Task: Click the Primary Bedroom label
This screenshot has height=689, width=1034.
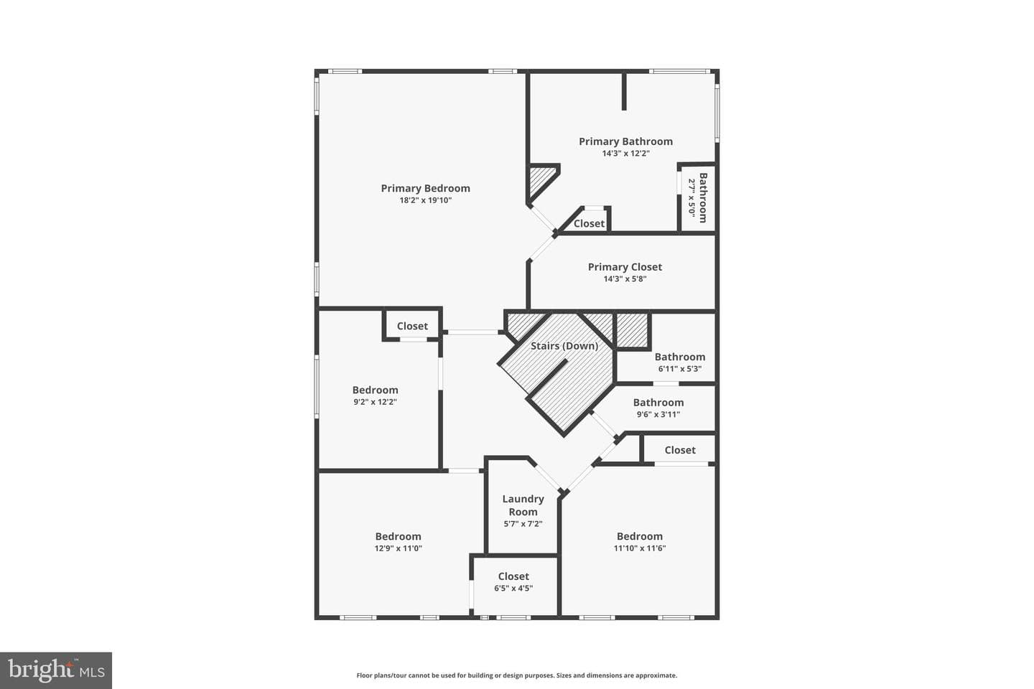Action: (425, 188)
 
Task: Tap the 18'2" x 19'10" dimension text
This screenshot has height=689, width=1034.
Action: (425, 200)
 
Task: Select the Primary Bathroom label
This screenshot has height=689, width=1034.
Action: (625, 141)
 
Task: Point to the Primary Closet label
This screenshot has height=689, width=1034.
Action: (625, 267)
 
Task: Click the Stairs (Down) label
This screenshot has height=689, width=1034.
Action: (564, 346)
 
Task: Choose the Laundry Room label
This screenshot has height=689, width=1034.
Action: (523, 505)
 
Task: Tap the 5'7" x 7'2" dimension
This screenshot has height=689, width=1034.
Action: (523, 524)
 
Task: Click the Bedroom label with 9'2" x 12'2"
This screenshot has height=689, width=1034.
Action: (375, 390)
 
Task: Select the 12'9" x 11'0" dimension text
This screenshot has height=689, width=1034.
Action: (398, 548)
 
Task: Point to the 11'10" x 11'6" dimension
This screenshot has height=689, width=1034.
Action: (639, 548)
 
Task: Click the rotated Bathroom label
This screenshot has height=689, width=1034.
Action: (703, 197)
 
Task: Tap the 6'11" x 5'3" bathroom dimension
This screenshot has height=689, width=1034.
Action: (679, 369)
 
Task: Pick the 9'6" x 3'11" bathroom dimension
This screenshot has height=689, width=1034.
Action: (658, 414)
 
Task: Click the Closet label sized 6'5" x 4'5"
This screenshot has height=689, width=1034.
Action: (513, 576)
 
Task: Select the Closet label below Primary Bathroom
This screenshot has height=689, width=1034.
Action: (589, 224)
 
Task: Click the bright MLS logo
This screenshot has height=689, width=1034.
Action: (56, 670)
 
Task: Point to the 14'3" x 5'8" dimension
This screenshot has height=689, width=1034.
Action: (625, 278)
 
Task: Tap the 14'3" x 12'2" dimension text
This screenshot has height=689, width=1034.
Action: (625, 154)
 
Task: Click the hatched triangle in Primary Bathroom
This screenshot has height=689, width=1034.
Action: (540, 181)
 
